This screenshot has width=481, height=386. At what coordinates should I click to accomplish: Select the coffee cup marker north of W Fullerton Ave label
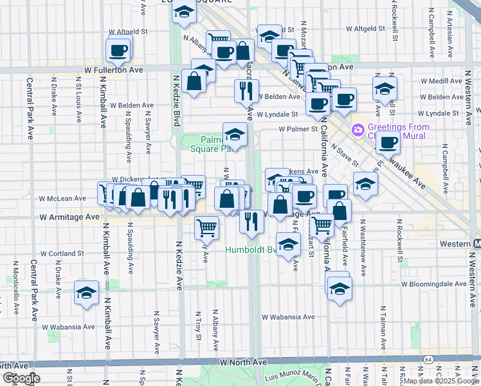tap(118, 50)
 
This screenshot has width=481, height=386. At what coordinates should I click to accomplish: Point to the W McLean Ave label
tap(62, 199)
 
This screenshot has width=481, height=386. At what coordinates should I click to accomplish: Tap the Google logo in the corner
tap(21, 379)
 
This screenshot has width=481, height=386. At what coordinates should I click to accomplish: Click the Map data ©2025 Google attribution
tap(441, 381)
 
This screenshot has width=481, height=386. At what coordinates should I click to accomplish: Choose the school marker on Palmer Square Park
tap(235, 135)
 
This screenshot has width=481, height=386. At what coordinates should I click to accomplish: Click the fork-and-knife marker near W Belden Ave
tap(247, 91)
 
